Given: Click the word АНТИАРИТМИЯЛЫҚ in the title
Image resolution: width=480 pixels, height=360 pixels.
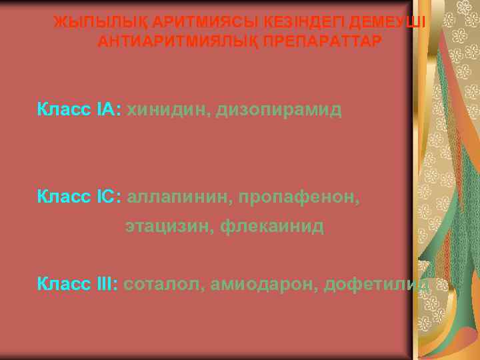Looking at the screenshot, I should [x=178, y=41].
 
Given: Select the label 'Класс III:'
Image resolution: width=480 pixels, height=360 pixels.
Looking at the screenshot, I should [x=78, y=285].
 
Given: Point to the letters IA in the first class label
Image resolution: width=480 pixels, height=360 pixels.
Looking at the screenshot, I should [x=107, y=109].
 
